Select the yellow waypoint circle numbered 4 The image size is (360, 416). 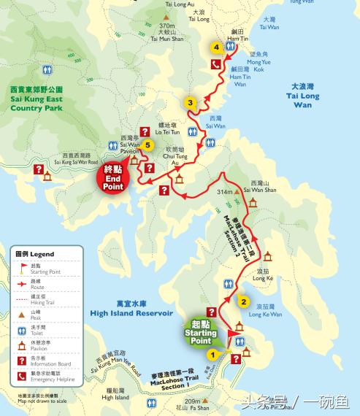click(216, 47)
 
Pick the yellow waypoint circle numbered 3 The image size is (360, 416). click(190, 103)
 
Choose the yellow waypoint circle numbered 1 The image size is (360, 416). click(212, 354)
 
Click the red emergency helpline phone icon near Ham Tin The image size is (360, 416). click(216, 64)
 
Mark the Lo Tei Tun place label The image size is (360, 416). click(173, 130)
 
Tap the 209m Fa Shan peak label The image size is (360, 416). click(193, 405)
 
